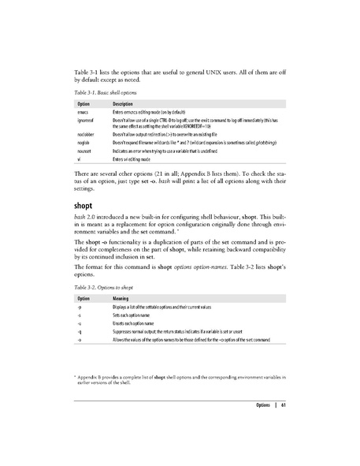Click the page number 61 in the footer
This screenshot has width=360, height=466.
[281, 406]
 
